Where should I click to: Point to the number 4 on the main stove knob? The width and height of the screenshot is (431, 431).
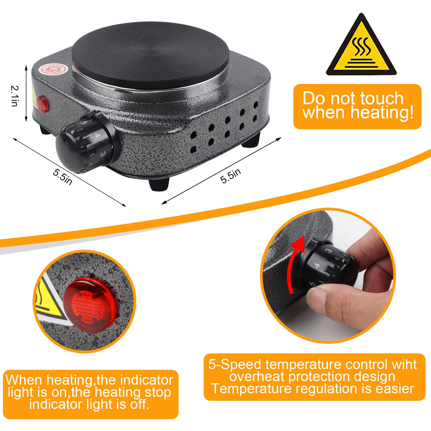pyautogui.click(x=97, y=135)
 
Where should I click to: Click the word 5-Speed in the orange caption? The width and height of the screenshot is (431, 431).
pyautogui.click(x=235, y=365)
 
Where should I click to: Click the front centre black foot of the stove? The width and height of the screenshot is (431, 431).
pyautogui.click(x=159, y=185)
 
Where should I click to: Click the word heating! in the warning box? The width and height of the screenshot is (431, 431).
pyautogui.click(x=382, y=113)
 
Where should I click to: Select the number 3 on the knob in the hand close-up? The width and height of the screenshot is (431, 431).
pyautogui.click(x=329, y=251)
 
